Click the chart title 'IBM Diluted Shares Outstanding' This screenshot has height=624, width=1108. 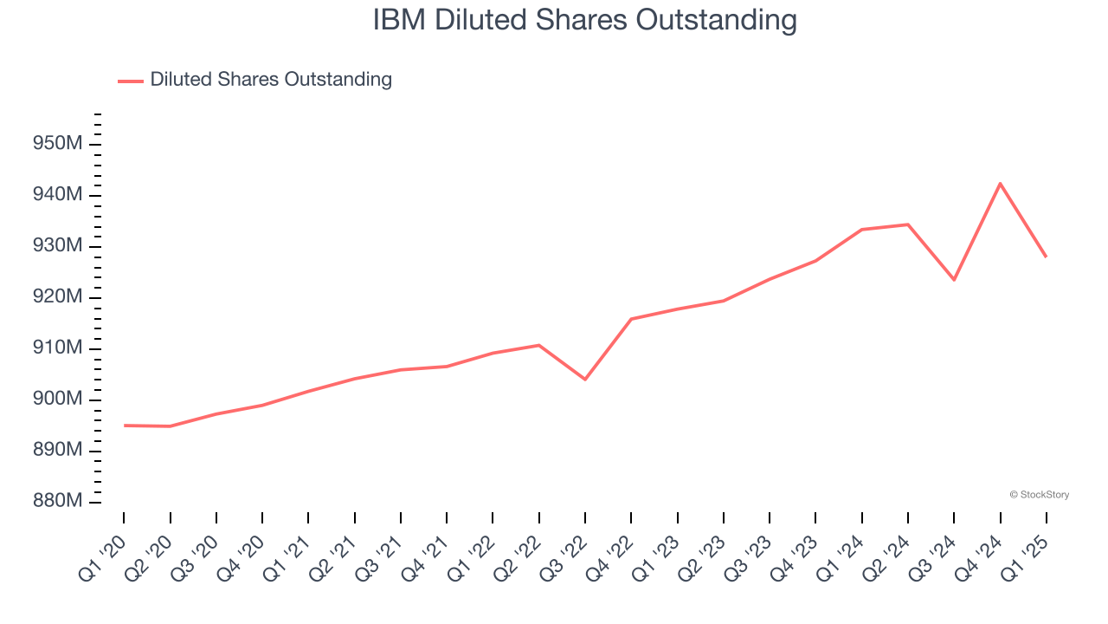click(584, 20)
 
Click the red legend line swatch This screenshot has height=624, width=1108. click(131, 81)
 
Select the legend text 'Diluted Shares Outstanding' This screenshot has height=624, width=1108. click(271, 80)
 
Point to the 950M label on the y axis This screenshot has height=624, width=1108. click(57, 144)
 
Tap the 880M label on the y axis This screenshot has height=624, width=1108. click(57, 502)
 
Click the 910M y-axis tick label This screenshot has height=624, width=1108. click(57, 348)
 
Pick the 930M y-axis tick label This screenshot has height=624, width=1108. click(57, 246)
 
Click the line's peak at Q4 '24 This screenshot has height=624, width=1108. click(1000, 184)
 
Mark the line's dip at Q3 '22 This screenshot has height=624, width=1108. click(585, 379)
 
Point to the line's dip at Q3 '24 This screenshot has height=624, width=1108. click(954, 279)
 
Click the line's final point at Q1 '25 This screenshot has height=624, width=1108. click(1046, 257)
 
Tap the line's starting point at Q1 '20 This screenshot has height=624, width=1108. click(124, 426)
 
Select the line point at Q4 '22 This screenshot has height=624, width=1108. click(631, 319)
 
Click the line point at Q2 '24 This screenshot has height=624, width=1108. click(908, 224)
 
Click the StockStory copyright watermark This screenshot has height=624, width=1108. click(1039, 495)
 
